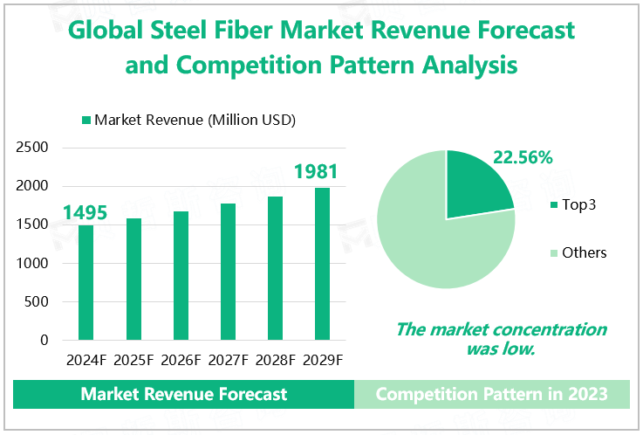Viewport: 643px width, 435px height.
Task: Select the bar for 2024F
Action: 86,282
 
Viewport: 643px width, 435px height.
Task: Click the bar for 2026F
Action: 181,275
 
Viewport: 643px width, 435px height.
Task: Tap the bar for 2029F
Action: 322,263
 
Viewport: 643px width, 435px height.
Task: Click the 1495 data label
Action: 85,212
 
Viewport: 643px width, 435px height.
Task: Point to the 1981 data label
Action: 316,171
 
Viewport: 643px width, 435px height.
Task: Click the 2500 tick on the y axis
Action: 32,148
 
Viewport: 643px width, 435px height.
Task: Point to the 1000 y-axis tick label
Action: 32,264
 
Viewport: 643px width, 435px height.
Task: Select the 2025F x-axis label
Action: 133,359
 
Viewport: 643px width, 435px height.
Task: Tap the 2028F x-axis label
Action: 275,359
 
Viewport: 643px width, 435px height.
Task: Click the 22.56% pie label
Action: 523,158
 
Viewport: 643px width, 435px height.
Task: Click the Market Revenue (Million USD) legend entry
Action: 187,120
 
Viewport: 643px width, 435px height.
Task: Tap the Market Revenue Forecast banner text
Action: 183,394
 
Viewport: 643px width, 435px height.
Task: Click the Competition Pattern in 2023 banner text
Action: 491,394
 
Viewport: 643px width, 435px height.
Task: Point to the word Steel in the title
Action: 197,30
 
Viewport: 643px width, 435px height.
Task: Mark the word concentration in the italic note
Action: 551,329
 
